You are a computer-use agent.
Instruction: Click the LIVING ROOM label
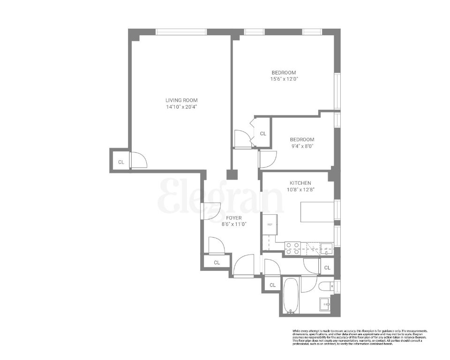tap(181, 100)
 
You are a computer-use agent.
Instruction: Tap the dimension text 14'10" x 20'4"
tap(181, 106)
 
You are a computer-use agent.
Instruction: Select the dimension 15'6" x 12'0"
tap(284, 79)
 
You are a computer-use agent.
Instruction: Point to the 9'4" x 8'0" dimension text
tap(302, 146)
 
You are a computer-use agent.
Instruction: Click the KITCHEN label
tap(300, 183)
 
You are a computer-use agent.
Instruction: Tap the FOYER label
tap(234, 218)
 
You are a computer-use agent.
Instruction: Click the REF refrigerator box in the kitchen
tap(270, 224)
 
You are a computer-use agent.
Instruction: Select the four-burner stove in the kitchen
tap(293, 248)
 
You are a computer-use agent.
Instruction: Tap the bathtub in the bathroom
tap(291, 297)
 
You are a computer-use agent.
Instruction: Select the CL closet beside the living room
tap(121, 162)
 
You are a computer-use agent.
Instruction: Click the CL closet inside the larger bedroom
tap(263, 134)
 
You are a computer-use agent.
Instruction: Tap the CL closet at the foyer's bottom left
tap(217, 262)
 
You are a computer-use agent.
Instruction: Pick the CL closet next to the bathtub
tap(272, 285)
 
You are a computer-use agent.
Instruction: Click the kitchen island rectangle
tap(315, 212)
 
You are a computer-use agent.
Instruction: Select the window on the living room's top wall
tap(181, 32)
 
